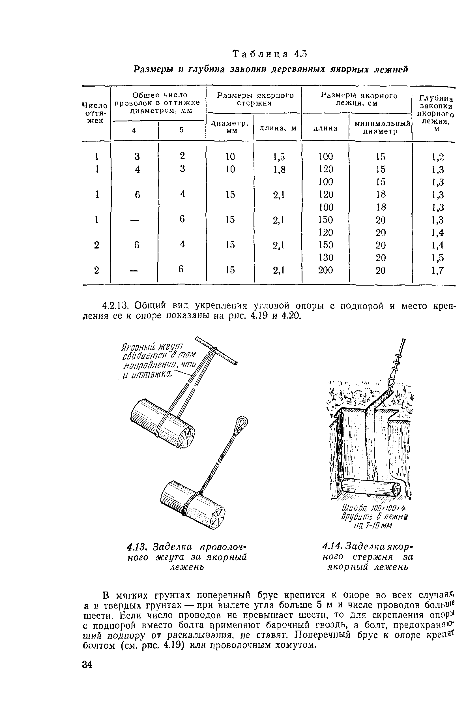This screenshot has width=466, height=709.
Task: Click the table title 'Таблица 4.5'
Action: (269, 54)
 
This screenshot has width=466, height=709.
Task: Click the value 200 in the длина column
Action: (325, 270)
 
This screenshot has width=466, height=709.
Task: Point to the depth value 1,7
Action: (438, 271)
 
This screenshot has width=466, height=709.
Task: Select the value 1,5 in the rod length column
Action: (279, 157)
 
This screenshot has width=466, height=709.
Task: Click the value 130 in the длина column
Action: (325, 257)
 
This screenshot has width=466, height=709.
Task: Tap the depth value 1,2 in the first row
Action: (438, 157)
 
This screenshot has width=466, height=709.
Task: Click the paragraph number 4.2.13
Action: (115, 306)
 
